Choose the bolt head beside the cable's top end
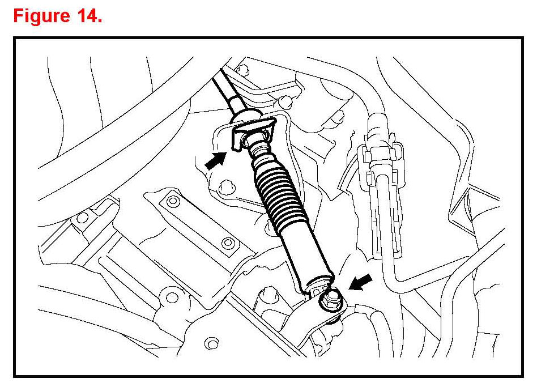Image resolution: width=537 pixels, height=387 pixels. [x=244, y=70]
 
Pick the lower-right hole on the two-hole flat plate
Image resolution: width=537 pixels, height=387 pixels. [x=228, y=244]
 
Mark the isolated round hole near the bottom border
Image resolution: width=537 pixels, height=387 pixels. [x=213, y=342]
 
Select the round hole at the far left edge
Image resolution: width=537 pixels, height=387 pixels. [x=83, y=217]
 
